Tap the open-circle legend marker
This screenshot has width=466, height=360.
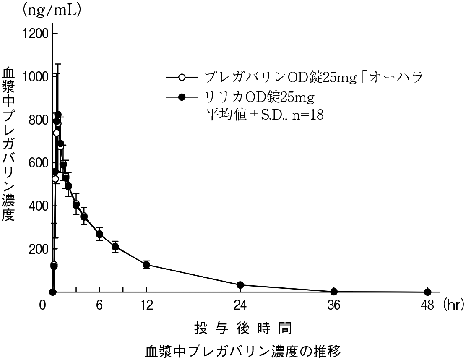pos(182,78)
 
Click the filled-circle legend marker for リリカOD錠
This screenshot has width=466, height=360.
pos(182,97)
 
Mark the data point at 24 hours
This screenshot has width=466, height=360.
pos(240,285)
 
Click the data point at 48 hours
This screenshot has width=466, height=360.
pos(427,292)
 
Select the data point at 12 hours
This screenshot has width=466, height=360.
pos(146,264)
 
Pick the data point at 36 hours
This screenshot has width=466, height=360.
pos(334,292)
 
